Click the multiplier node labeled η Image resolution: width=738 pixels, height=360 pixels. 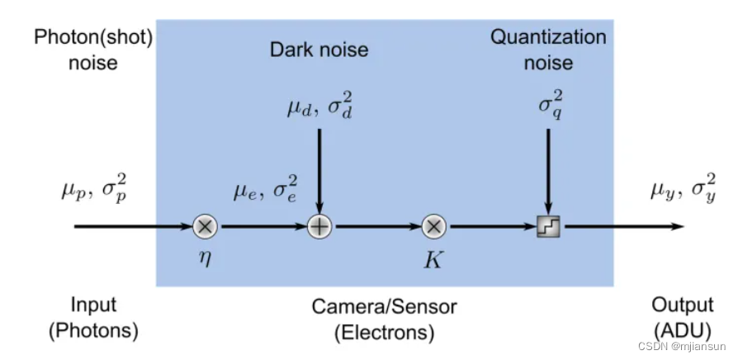click(x=204, y=225)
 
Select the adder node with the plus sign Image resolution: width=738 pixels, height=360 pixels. click(x=319, y=225)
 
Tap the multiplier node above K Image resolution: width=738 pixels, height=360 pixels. click(x=433, y=225)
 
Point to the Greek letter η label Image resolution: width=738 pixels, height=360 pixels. click(x=204, y=256)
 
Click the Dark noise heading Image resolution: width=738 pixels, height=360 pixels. click(x=319, y=50)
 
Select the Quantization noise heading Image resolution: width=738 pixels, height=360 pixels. click(x=548, y=50)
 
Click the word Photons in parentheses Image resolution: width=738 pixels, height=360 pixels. click(x=93, y=331)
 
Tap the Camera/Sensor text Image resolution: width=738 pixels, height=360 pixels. click(x=384, y=307)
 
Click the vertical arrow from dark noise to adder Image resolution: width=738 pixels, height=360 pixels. click(x=319, y=169)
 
